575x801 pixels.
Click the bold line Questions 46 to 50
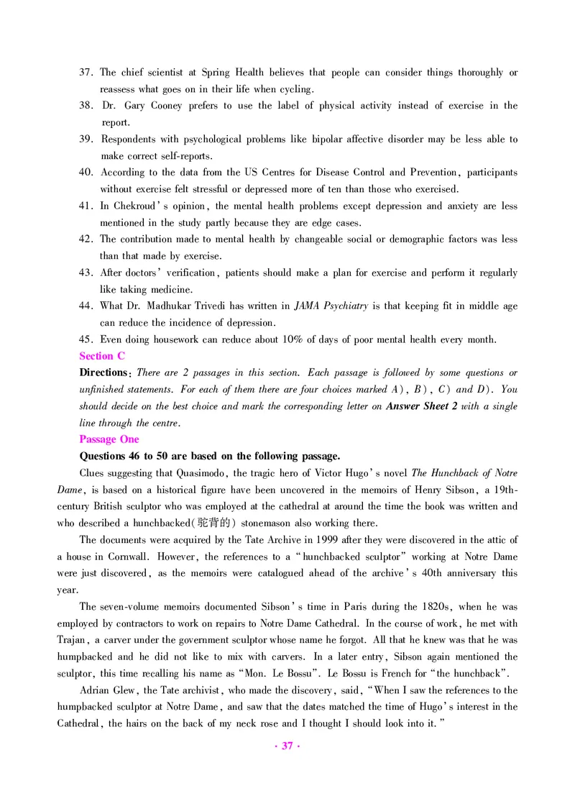209,456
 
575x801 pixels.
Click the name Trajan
73,640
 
